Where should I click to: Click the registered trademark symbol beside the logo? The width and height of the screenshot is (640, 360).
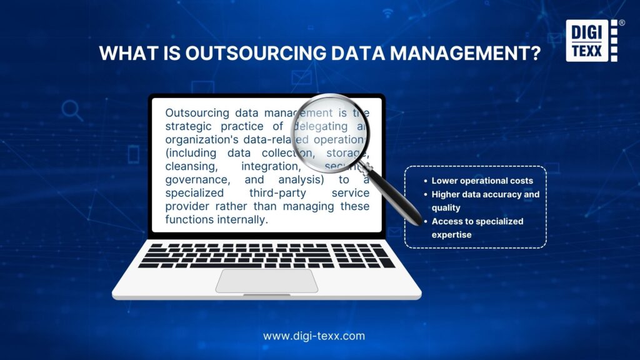621,22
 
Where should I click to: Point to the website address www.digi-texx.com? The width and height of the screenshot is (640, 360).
314,336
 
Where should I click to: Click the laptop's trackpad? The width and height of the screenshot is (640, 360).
267,281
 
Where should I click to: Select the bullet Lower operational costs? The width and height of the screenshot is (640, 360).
482,181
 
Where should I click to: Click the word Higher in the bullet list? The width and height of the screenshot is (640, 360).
446,194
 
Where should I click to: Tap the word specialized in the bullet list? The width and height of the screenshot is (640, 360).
497,221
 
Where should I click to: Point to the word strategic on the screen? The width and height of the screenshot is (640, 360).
189,127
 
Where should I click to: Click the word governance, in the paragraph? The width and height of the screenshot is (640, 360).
196,180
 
